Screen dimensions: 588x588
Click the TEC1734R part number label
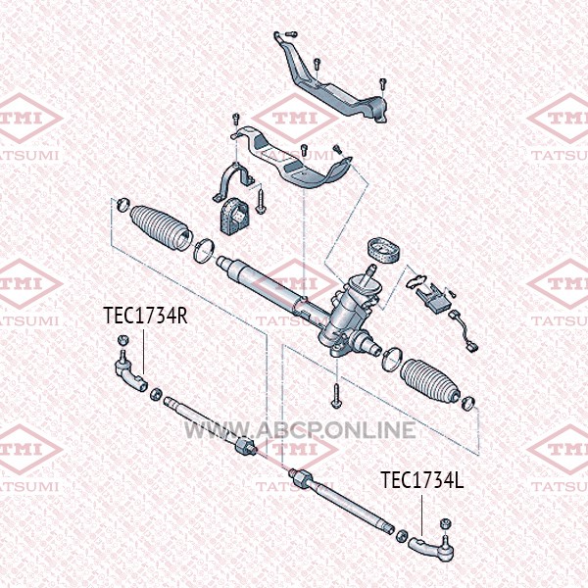145,315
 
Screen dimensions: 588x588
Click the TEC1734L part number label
422,479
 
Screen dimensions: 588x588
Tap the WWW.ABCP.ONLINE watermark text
300,430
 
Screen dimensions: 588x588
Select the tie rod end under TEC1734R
130,375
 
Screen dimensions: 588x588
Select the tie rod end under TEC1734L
431,548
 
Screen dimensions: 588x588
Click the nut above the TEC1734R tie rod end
123,340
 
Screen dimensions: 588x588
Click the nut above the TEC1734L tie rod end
445,523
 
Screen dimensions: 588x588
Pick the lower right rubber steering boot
430,382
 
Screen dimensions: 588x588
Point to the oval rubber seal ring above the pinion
383,250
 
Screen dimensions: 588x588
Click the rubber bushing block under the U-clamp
236,217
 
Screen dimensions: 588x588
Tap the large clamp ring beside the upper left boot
205,250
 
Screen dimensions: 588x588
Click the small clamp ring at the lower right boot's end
467,403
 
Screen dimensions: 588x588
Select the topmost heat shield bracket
330,84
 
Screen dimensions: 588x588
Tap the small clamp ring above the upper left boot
123,204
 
